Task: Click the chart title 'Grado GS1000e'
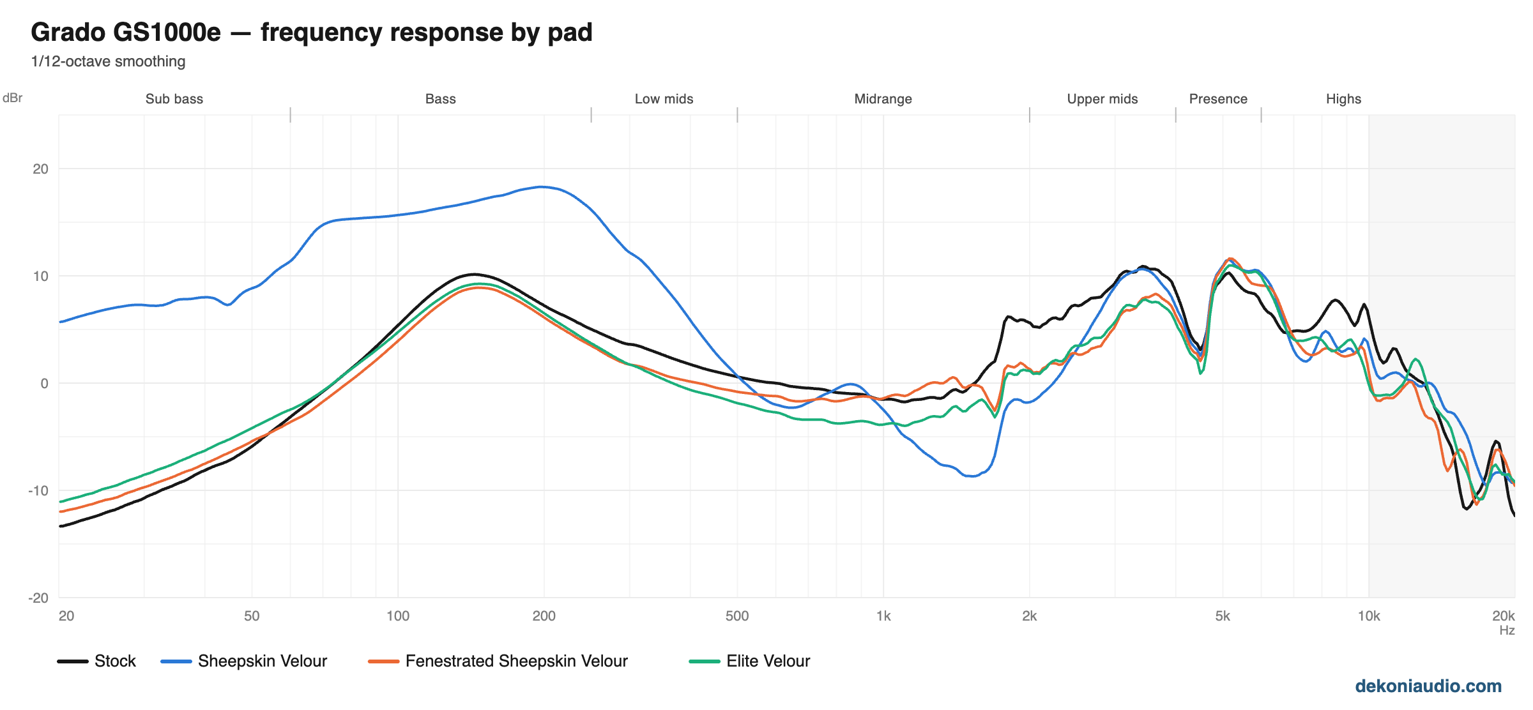tap(126, 32)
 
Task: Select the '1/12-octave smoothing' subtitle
tap(108, 61)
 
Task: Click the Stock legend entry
tap(96, 661)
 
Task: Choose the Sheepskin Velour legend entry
tap(244, 661)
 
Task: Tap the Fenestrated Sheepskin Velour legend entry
tap(498, 661)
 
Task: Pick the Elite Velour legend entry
tap(750, 661)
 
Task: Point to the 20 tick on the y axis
tap(40, 169)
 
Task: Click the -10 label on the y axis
tap(38, 490)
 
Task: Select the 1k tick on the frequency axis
tap(883, 616)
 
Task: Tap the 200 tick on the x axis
tap(544, 616)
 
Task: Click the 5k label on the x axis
tap(1223, 616)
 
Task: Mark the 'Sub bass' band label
tap(174, 99)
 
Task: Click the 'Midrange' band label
tap(883, 99)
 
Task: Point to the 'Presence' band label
tap(1218, 99)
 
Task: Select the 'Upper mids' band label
tap(1102, 99)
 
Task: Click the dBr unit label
tap(13, 98)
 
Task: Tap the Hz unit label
tap(1507, 630)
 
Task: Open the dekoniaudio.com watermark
tap(1428, 686)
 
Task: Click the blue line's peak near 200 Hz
tap(542, 187)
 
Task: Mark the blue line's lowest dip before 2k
tap(972, 476)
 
